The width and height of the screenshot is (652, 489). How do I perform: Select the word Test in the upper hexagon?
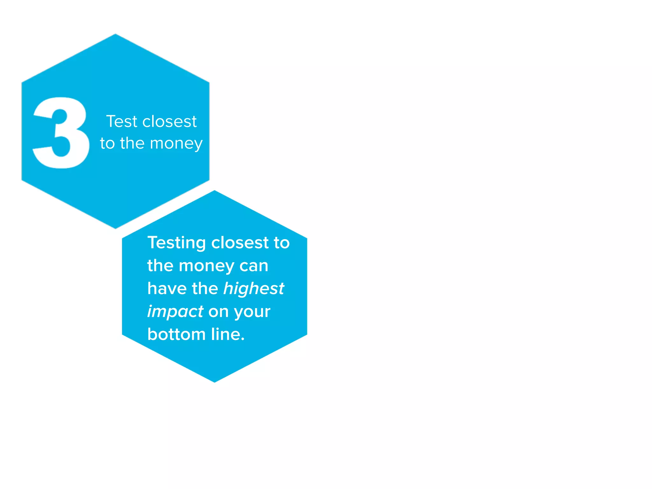[122, 122]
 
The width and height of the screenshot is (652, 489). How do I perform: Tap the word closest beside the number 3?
[169, 122]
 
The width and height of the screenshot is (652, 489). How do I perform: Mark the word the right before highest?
[205, 289]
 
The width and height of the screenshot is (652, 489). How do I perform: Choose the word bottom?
[176, 335]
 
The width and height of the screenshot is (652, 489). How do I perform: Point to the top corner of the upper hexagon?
[115, 34]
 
